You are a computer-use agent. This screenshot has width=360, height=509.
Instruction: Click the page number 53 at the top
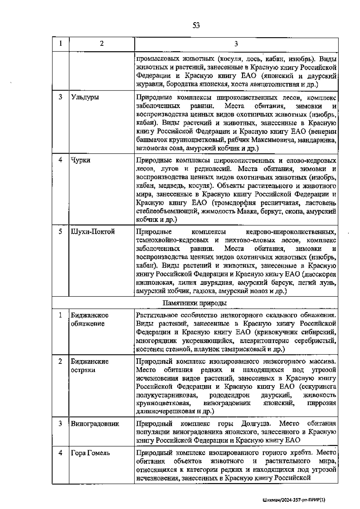[196, 26]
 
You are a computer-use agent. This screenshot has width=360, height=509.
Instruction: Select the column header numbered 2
[102, 44]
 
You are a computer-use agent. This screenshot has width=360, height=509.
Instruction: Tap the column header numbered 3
[236, 44]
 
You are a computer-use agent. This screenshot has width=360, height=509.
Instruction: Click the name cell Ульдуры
[85, 97]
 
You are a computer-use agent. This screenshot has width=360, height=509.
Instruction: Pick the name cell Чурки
[81, 160]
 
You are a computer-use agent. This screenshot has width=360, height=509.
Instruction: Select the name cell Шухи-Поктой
[93, 232]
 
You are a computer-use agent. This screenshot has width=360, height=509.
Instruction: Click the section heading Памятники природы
[195, 303]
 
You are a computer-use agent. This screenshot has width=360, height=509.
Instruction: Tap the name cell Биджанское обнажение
[90, 319]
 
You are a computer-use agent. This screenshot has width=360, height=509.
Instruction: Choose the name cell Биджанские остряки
[90, 366]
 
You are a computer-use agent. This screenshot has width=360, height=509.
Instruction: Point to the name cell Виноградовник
[95, 424]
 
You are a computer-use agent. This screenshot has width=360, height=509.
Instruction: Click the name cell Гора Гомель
[90, 453]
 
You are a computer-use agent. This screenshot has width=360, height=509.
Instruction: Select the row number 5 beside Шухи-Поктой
[60, 232]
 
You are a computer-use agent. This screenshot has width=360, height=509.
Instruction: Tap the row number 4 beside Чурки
[60, 160]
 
